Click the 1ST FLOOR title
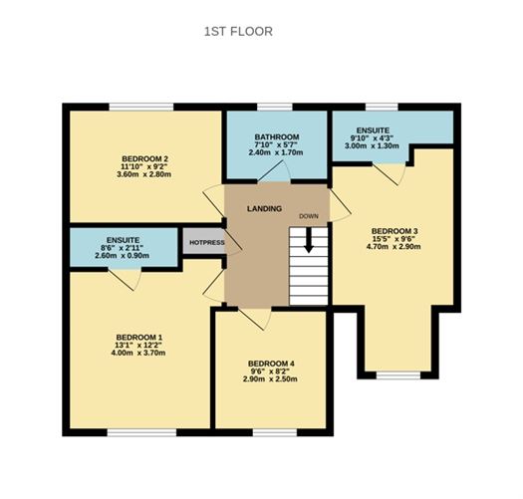[237, 31]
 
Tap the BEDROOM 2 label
[144, 159]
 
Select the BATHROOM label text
[276, 136]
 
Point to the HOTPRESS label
[206, 242]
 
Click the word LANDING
[264, 208]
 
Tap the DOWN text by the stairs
[309, 216]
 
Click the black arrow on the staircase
[310, 241]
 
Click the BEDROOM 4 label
[271, 363]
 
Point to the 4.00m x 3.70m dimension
[138, 353]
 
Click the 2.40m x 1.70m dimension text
[276, 153]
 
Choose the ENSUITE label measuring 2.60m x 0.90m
[122, 240]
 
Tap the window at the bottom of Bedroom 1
[134, 432]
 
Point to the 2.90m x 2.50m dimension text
[271, 379]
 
